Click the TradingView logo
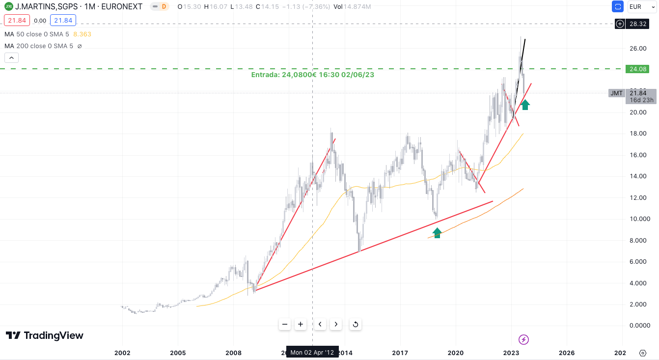click(x=44, y=335)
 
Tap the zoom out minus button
click(x=285, y=324)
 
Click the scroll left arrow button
click(x=320, y=324)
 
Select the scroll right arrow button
click(x=336, y=324)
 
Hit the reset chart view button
click(x=356, y=324)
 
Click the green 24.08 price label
click(x=637, y=69)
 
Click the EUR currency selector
click(x=639, y=7)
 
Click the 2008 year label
click(x=234, y=353)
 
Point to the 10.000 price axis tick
click(x=640, y=219)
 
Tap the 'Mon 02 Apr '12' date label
click(x=312, y=352)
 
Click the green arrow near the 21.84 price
click(x=525, y=104)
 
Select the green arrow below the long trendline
click(x=437, y=232)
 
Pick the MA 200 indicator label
click(x=39, y=46)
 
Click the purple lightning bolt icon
click(x=524, y=339)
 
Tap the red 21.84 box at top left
click(x=17, y=21)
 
